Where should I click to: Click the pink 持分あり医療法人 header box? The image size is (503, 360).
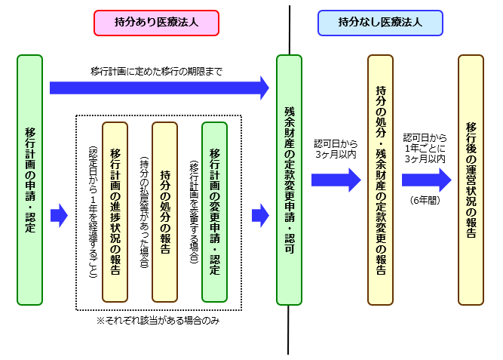click(x=156, y=23)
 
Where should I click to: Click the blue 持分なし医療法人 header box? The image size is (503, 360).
click(x=379, y=23)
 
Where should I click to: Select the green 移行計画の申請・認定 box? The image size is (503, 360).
click(x=29, y=180)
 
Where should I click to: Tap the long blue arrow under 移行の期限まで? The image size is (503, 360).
click(x=159, y=88)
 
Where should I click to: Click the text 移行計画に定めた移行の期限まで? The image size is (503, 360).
click(x=156, y=72)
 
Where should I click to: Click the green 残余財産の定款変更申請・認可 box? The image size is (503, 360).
click(x=289, y=180)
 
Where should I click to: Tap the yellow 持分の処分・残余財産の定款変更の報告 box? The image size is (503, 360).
click(x=380, y=180)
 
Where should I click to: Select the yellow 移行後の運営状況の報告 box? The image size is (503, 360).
click(x=471, y=180)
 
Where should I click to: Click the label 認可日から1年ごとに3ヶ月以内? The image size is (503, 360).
click(x=425, y=149)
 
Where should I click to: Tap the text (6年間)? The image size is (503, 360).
click(x=425, y=200)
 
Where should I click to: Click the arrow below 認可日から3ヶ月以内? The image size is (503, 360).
click(x=336, y=179)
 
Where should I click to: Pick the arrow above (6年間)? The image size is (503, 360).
click(x=426, y=179)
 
